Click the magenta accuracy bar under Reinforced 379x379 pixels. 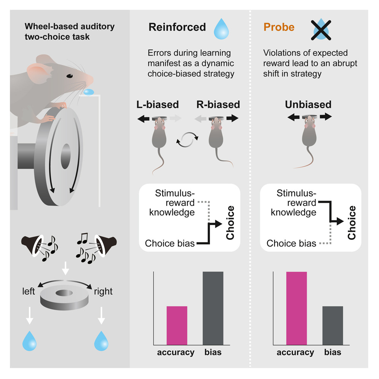click(x=177, y=325)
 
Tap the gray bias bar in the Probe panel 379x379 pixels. click(x=333, y=325)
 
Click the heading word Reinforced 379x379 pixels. click(x=177, y=27)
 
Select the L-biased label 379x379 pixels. click(x=157, y=104)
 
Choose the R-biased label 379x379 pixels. click(x=218, y=104)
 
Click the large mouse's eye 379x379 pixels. click(x=70, y=76)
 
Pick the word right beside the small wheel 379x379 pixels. click(x=103, y=291)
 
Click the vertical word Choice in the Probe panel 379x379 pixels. click(x=352, y=223)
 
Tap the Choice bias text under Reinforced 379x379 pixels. click(x=169, y=243)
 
